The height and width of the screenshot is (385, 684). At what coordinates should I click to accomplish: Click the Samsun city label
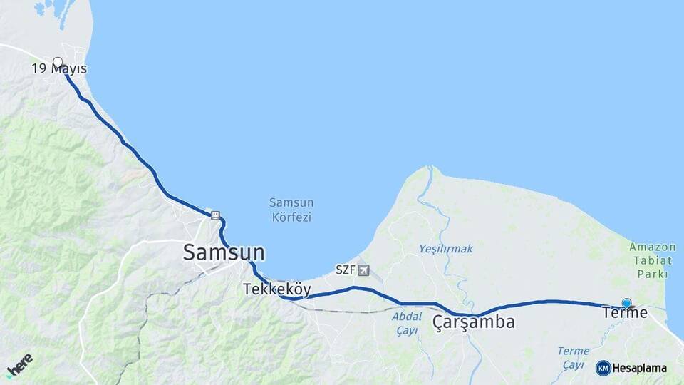coord(224,252)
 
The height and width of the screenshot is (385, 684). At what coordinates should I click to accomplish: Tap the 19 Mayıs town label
coord(59,69)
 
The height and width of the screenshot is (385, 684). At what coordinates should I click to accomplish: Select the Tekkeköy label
coord(277,289)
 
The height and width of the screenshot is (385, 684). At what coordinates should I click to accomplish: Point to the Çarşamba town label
coord(474,322)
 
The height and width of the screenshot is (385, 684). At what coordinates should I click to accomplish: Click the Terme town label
coord(625,312)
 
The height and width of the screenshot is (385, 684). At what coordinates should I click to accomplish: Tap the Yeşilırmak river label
coord(446,248)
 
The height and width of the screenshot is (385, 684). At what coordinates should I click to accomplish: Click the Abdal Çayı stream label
coord(407,322)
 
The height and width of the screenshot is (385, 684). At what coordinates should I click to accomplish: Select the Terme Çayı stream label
coord(573,358)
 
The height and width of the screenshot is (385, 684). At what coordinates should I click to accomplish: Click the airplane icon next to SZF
coord(365,270)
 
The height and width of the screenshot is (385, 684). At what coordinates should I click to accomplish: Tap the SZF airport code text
coord(346,270)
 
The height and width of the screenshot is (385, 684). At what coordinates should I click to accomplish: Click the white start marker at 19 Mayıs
coord(58,62)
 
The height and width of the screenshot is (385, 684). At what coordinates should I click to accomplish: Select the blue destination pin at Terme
coord(626,303)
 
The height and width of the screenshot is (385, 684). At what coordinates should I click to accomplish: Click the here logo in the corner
coord(19,365)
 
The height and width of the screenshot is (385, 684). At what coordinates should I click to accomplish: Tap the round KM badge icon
coord(603,368)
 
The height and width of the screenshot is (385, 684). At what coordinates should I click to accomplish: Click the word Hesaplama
coord(639,369)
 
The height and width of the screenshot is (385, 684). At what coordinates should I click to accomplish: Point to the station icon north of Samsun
coord(214,215)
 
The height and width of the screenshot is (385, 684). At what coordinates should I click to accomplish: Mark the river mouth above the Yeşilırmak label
coord(429,171)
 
